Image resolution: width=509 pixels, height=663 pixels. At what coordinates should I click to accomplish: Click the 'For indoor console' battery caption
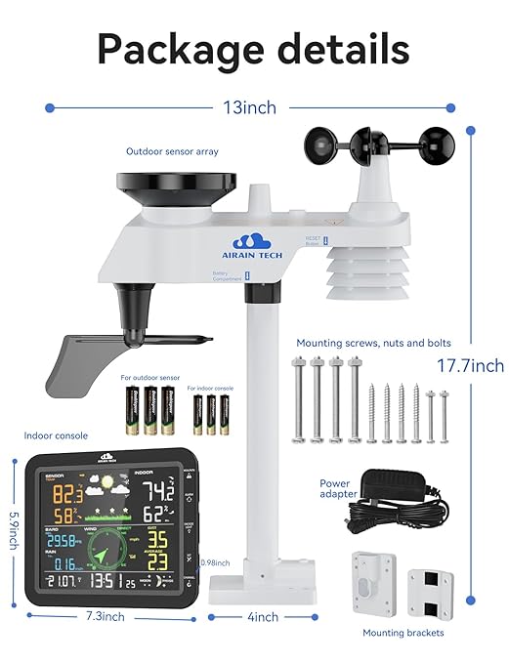click(x=211, y=388)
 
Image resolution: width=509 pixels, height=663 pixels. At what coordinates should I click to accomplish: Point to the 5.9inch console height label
click(x=13, y=532)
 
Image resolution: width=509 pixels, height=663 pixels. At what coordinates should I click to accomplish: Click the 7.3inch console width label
click(x=104, y=616)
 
